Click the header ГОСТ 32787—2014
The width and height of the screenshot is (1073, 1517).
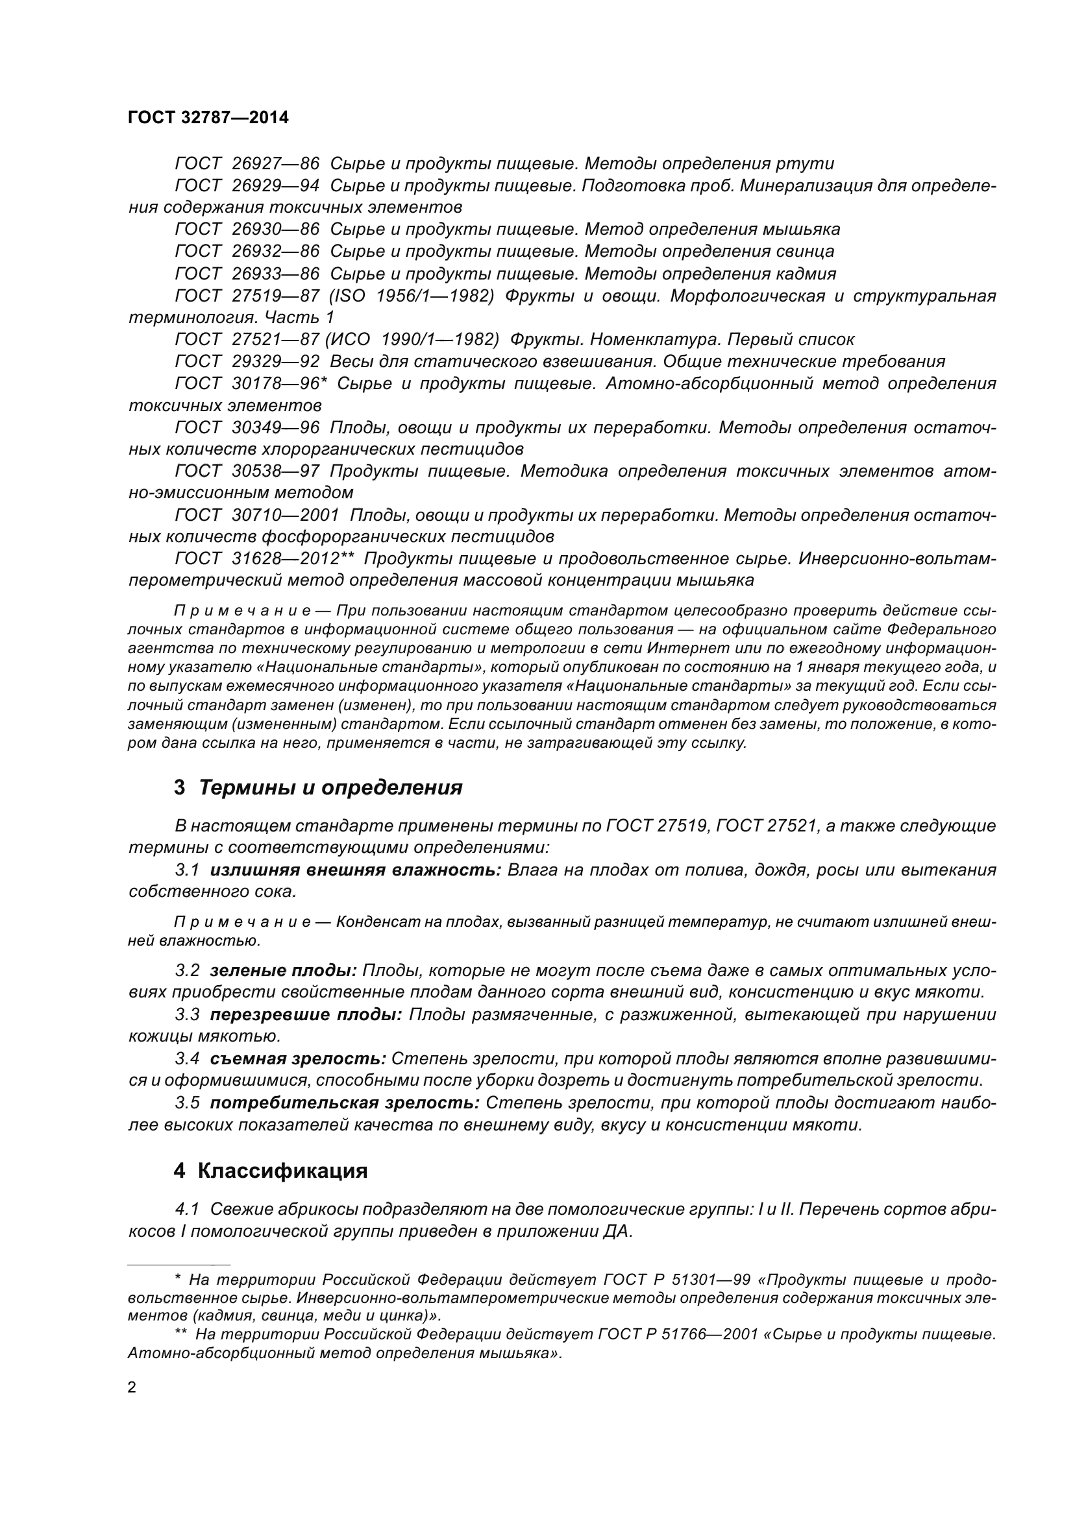pos(208,117)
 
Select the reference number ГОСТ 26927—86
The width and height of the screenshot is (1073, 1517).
pos(247,163)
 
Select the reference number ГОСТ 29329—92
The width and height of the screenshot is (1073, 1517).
pos(247,361)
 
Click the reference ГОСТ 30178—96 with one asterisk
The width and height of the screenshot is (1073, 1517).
pos(251,383)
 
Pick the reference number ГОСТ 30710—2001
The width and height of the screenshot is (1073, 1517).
pos(257,515)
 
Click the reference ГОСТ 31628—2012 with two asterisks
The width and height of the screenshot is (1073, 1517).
pos(264,559)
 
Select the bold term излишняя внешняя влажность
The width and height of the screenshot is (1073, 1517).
pos(356,870)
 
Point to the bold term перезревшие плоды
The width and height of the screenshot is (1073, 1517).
pos(306,1014)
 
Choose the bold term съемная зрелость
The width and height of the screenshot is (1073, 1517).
pos(298,1058)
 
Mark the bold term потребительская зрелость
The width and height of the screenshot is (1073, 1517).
pos(345,1103)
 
